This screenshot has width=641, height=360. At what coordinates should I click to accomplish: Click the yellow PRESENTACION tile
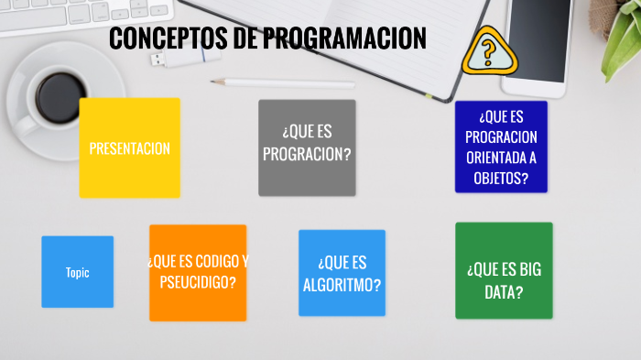coord(129,148)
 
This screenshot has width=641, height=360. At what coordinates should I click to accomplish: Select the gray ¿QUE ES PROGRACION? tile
coord(307,147)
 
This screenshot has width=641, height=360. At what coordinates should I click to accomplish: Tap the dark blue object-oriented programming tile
coord(501,147)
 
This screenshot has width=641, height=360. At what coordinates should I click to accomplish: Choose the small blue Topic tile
coord(77,272)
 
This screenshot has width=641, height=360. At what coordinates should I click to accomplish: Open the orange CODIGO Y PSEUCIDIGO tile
coord(198,272)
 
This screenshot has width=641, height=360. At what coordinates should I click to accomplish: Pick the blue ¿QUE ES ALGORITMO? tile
coord(342,273)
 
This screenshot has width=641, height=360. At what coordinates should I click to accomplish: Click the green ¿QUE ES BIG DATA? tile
coord(504,270)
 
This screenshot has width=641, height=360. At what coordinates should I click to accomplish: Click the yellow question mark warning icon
coord(488,52)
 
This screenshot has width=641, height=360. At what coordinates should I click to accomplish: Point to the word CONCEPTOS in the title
coord(170,38)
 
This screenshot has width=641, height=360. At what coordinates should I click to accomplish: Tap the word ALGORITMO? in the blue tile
coord(342,284)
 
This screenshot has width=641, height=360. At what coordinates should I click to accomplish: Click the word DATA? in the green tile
coord(504,292)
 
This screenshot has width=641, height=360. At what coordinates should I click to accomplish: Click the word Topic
coord(77,272)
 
